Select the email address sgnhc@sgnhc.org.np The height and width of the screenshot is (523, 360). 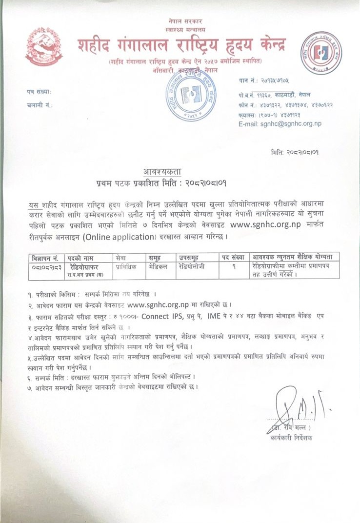(x=280, y=124)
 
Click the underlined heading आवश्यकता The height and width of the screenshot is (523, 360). (x=162, y=172)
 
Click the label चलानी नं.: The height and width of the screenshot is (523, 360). (x=40, y=105)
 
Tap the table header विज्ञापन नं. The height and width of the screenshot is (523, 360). (x=44, y=257)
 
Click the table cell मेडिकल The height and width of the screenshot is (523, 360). (x=159, y=266)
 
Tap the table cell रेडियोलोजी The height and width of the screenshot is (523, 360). (x=192, y=266)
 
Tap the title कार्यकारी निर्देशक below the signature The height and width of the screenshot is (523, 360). (x=292, y=438)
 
